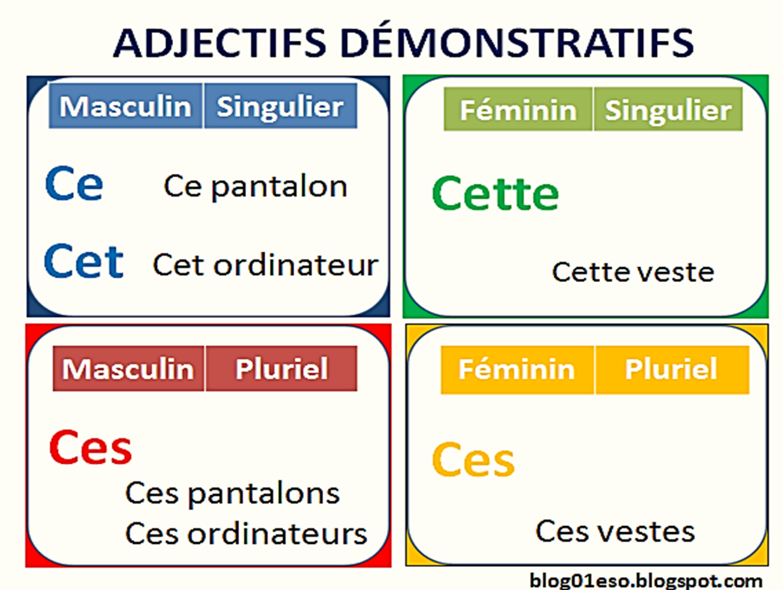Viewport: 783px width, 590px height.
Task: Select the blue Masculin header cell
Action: (x=125, y=106)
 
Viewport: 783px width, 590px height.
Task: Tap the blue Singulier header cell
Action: (x=280, y=106)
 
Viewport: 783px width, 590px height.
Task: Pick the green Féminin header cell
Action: (x=518, y=110)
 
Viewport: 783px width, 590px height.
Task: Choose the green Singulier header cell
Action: (x=668, y=110)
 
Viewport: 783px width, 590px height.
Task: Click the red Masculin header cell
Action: (x=128, y=369)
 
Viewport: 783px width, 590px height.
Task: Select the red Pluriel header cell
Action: (x=281, y=369)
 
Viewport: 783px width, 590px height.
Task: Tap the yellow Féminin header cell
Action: (x=517, y=370)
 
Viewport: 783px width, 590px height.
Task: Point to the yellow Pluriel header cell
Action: (x=671, y=370)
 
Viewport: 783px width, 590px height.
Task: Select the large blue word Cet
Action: (x=83, y=261)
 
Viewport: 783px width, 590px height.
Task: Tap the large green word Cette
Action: (x=495, y=193)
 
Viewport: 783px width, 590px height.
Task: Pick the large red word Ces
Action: (x=90, y=448)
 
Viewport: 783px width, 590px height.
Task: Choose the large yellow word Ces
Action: (x=473, y=460)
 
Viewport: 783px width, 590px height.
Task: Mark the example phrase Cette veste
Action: (x=633, y=272)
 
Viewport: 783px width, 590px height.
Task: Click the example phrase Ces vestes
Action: (x=615, y=531)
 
